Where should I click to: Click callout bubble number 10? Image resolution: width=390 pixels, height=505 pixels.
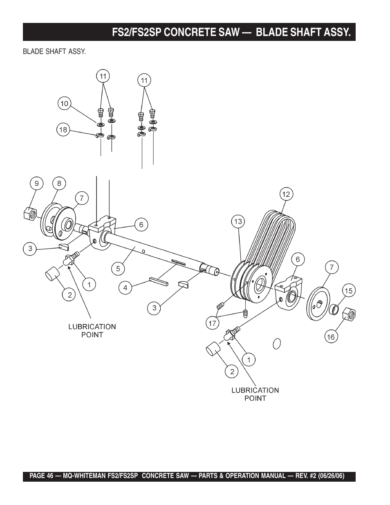[64, 103]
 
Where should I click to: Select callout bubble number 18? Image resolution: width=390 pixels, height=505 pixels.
[63, 130]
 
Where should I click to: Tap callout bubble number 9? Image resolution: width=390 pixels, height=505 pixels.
[37, 183]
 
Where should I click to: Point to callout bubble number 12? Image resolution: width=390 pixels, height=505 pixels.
[286, 194]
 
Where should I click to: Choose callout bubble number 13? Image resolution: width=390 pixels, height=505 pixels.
[238, 222]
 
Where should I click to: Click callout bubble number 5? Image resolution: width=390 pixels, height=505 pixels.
[118, 269]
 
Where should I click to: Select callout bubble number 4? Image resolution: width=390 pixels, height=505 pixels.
[125, 288]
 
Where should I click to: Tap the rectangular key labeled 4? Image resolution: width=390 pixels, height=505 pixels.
[159, 281]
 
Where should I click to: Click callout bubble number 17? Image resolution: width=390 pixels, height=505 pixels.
[212, 323]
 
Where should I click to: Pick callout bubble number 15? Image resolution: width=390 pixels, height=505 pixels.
[349, 290]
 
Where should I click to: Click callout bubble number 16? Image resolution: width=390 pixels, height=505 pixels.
[331, 337]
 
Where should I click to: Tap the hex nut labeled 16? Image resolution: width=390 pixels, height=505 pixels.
[349, 314]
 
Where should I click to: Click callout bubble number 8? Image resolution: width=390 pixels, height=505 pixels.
[59, 183]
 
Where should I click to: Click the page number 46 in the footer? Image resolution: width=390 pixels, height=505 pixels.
[50, 476]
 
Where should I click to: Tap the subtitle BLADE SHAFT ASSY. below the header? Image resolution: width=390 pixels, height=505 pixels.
[54, 52]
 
